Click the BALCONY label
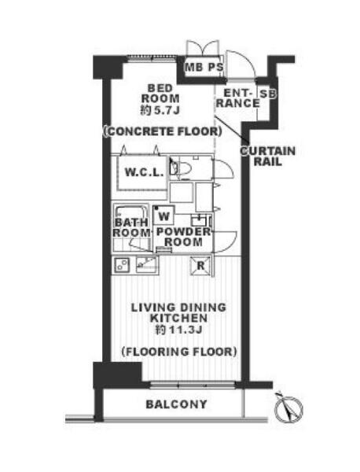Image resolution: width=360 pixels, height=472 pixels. (x=176, y=404)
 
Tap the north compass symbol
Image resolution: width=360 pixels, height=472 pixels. (x=288, y=407)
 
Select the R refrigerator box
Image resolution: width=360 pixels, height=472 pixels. (x=200, y=266)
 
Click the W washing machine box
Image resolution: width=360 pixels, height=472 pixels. (x=163, y=216)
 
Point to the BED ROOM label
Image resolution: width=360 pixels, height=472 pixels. (x=160, y=94)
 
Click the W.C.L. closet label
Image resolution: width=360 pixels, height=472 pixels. (x=144, y=173)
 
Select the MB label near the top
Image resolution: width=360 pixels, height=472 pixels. (x=193, y=67)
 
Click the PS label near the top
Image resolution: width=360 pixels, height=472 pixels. (x=215, y=67)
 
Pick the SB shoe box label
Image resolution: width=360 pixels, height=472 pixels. (x=268, y=94)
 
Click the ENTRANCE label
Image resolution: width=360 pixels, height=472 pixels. (x=238, y=98)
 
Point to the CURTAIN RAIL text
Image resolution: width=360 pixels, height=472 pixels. (x=268, y=157)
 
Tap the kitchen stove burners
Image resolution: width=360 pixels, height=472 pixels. (x=122, y=264)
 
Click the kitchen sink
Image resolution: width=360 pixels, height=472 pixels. (x=147, y=264)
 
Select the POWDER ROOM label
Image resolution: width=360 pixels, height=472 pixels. (x=183, y=237)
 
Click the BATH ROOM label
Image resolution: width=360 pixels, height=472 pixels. (x=131, y=227)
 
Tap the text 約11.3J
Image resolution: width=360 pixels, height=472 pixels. (x=178, y=330)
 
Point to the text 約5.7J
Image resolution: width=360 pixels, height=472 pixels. (x=160, y=110)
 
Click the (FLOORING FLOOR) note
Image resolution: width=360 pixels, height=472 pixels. (x=179, y=352)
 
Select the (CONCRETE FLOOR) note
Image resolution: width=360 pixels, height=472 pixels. (x=163, y=131)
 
